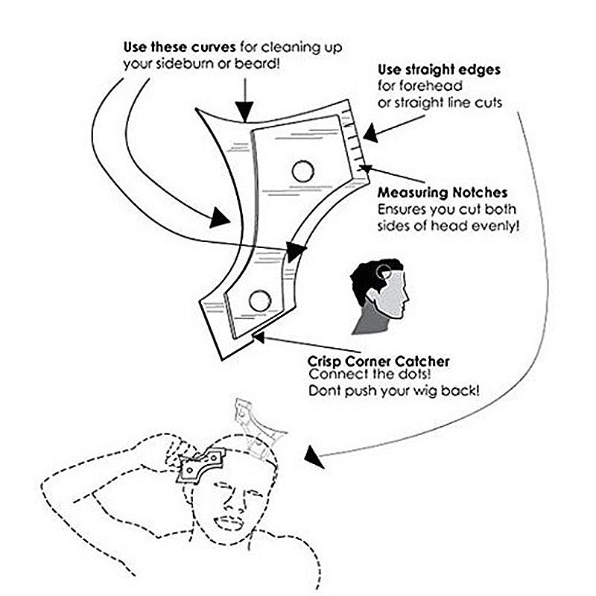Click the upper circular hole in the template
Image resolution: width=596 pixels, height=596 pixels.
[x=303, y=171]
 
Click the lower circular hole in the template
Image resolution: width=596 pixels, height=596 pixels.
[x=260, y=301]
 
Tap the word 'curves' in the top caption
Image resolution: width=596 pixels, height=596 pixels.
[x=213, y=47]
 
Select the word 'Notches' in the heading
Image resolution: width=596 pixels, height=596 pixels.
[x=480, y=193]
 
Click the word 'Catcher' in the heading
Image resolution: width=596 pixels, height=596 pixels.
[x=422, y=361]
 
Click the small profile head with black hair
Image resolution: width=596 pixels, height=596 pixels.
[x=380, y=297]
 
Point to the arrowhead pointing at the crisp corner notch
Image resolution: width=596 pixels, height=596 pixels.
[x=259, y=337]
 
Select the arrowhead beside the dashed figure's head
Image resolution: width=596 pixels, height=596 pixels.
[x=314, y=457]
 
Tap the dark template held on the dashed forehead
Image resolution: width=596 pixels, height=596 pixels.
[x=200, y=466]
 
